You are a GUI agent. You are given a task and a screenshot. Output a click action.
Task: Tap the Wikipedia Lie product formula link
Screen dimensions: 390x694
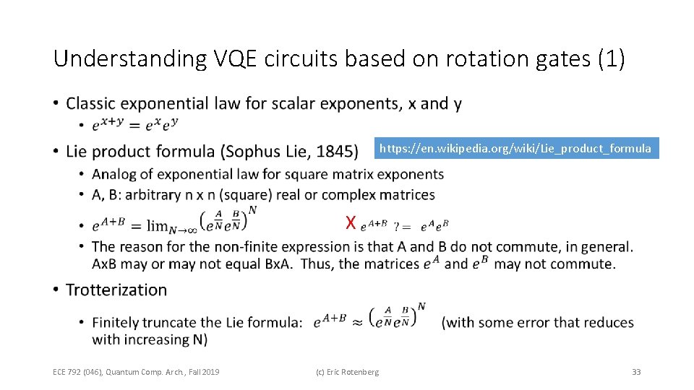click(515, 149)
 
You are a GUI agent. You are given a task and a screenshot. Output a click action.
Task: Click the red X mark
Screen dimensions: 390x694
click(351, 222)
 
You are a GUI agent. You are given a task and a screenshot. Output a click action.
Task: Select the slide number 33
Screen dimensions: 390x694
click(636, 372)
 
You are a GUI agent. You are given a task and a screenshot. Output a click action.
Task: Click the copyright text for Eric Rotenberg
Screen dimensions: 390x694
click(347, 372)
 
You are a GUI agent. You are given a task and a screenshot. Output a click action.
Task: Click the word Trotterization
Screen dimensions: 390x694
click(116, 290)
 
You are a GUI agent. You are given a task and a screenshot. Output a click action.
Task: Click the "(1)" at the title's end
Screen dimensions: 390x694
click(611, 59)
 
